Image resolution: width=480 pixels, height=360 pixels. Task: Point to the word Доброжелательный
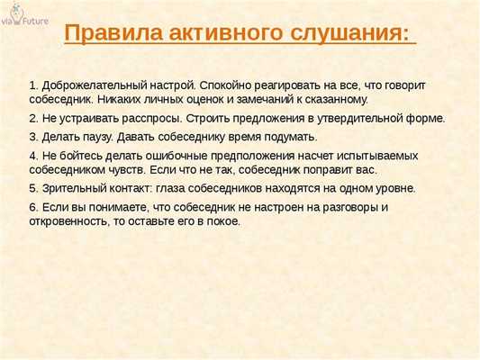(x=99, y=84)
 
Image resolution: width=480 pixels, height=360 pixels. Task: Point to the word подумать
(x=285, y=136)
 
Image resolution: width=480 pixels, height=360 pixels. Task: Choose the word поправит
(x=314, y=169)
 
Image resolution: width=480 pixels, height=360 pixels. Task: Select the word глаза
(x=172, y=188)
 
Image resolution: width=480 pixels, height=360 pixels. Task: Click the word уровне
(x=392, y=188)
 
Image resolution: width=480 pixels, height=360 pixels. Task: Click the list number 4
(x=33, y=155)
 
